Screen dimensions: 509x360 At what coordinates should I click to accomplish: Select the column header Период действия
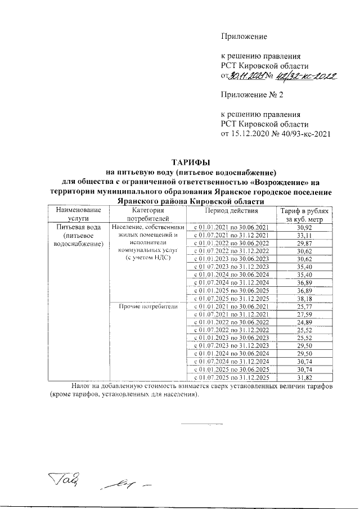click(231, 211)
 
